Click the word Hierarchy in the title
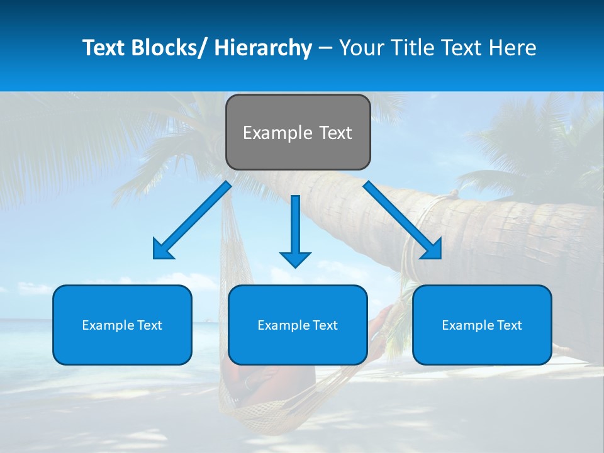(x=263, y=48)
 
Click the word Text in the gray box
(x=335, y=133)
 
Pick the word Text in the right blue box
(x=508, y=325)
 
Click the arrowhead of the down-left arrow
(x=162, y=250)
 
